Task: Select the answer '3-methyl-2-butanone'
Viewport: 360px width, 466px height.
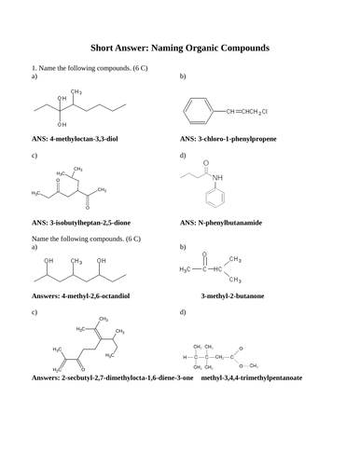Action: pos(239,296)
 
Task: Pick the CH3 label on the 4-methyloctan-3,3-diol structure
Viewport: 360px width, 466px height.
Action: pos(77,91)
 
